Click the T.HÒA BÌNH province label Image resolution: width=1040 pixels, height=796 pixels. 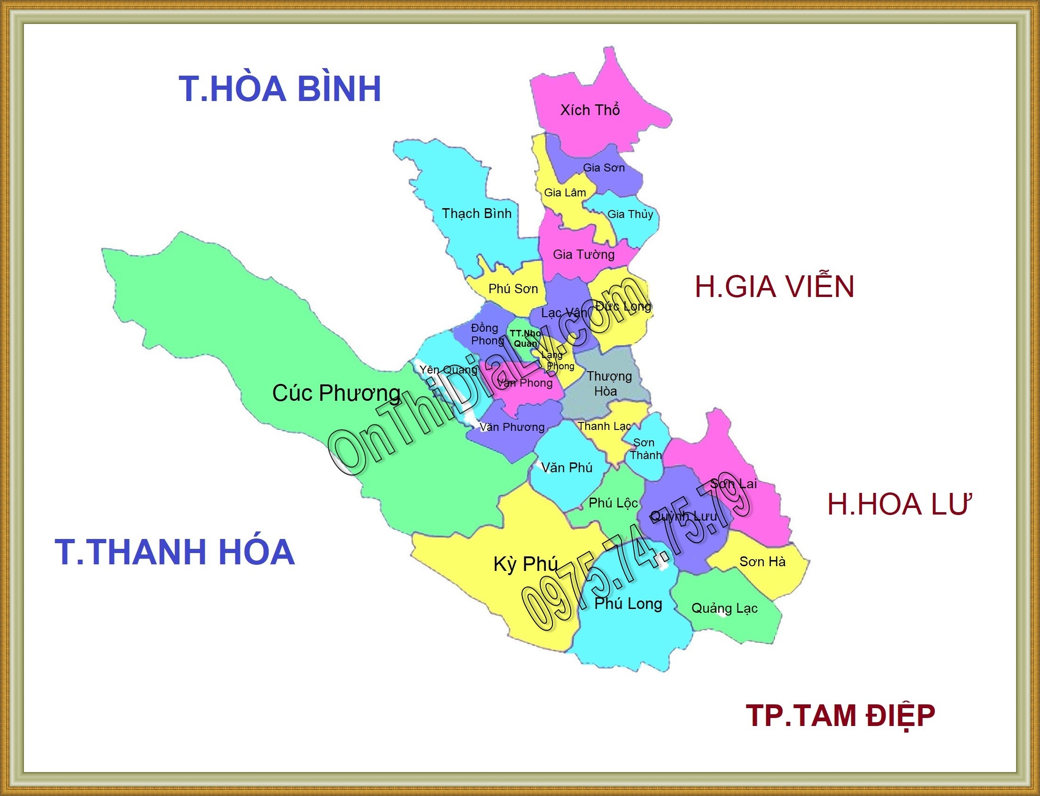coord(280,89)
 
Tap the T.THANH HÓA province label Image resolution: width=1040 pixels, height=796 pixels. coord(175,552)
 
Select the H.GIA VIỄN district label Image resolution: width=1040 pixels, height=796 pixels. coord(774,287)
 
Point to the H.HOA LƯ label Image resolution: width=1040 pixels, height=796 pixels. coord(899,504)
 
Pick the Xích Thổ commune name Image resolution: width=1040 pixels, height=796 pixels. coord(590,110)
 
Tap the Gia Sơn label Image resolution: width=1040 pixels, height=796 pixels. coord(603,168)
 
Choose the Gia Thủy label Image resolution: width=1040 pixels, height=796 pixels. coord(630,214)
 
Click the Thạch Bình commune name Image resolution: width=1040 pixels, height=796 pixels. coord(476,214)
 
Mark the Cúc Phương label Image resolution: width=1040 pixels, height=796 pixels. coord(336,393)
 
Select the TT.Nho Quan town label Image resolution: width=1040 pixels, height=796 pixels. coord(525,338)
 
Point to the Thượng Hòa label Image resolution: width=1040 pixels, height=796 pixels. coord(609,383)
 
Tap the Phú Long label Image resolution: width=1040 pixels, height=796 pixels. coord(628,604)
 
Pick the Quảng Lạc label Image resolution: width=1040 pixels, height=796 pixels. coord(724,609)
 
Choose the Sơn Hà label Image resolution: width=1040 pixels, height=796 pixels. coord(762,562)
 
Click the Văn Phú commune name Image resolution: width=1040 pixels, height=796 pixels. coord(567,468)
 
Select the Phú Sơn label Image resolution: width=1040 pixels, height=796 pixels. coord(513,289)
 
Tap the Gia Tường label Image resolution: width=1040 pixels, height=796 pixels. coord(583,255)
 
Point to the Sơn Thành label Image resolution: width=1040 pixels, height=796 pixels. coord(645,449)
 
